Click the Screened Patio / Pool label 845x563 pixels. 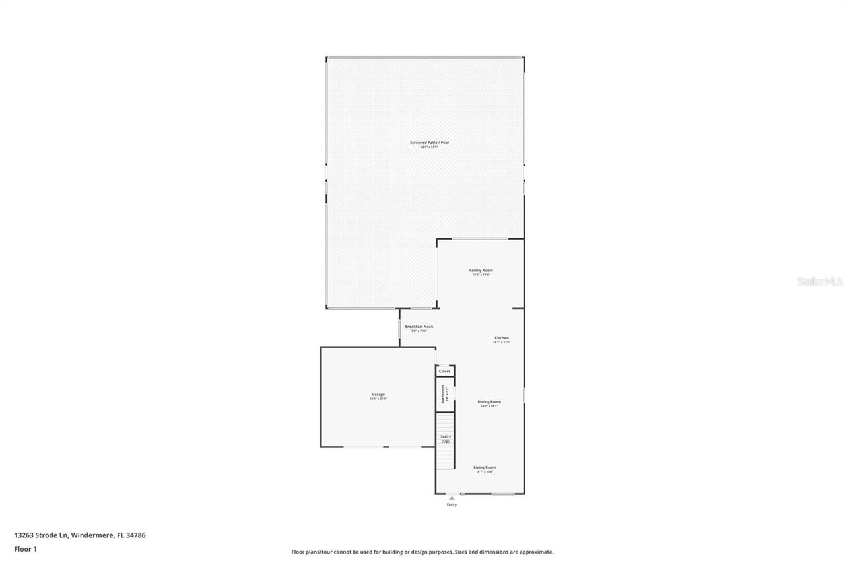(x=429, y=142)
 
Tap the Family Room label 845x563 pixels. (x=481, y=270)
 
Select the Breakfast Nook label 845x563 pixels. (x=419, y=327)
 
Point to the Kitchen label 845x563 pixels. (x=502, y=338)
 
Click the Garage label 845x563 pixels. (x=378, y=395)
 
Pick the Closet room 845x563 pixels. (x=445, y=371)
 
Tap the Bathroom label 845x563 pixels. (x=444, y=395)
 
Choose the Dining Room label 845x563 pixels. (x=489, y=401)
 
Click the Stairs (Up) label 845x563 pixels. (x=446, y=438)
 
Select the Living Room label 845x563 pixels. (x=485, y=467)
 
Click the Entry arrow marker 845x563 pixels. (x=452, y=498)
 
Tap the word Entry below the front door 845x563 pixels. (x=452, y=505)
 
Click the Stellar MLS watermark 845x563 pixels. (x=820, y=281)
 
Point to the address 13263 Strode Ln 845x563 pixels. (x=41, y=535)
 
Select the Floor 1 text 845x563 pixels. (x=26, y=548)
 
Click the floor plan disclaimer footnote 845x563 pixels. (x=422, y=552)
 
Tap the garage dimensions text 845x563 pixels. (x=378, y=399)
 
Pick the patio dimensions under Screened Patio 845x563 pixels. (x=429, y=147)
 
